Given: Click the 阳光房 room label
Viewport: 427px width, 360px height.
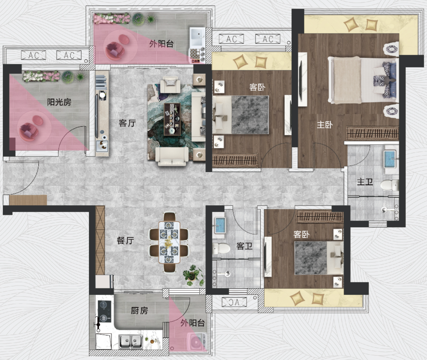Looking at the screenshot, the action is [x=59, y=102].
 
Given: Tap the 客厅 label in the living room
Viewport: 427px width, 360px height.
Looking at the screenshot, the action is [x=127, y=123].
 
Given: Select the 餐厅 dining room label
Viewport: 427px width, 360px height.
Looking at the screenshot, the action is [x=125, y=240].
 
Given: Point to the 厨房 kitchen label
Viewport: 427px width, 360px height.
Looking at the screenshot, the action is [x=139, y=310].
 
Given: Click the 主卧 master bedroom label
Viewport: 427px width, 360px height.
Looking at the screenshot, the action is [x=325, y=125].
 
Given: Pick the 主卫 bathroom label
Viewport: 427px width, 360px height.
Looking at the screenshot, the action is [x=365, y=182].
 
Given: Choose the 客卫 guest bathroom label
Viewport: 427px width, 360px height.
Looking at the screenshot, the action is [x=244, y=246].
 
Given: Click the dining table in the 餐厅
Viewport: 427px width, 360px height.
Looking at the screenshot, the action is [x=169, y=242].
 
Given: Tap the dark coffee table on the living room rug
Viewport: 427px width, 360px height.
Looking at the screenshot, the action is [x=172, y=119].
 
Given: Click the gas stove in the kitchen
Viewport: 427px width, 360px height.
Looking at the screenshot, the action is [x=104, y=311].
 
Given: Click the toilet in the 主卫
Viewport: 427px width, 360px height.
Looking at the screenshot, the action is [x=389, y=185].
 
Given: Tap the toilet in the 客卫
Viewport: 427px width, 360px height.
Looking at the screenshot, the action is [x=221, y=249].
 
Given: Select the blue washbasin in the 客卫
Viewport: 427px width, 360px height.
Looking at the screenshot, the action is [x=220, y=226].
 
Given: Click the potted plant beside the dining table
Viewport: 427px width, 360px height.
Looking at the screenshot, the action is [x=193, y=275].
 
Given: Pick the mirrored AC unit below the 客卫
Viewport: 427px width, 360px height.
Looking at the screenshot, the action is [x=234, y=302].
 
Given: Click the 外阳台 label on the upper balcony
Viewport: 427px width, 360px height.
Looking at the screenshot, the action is [x=161, y=44].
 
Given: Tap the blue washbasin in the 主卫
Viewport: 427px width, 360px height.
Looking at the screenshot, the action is [x=390, y=159].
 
